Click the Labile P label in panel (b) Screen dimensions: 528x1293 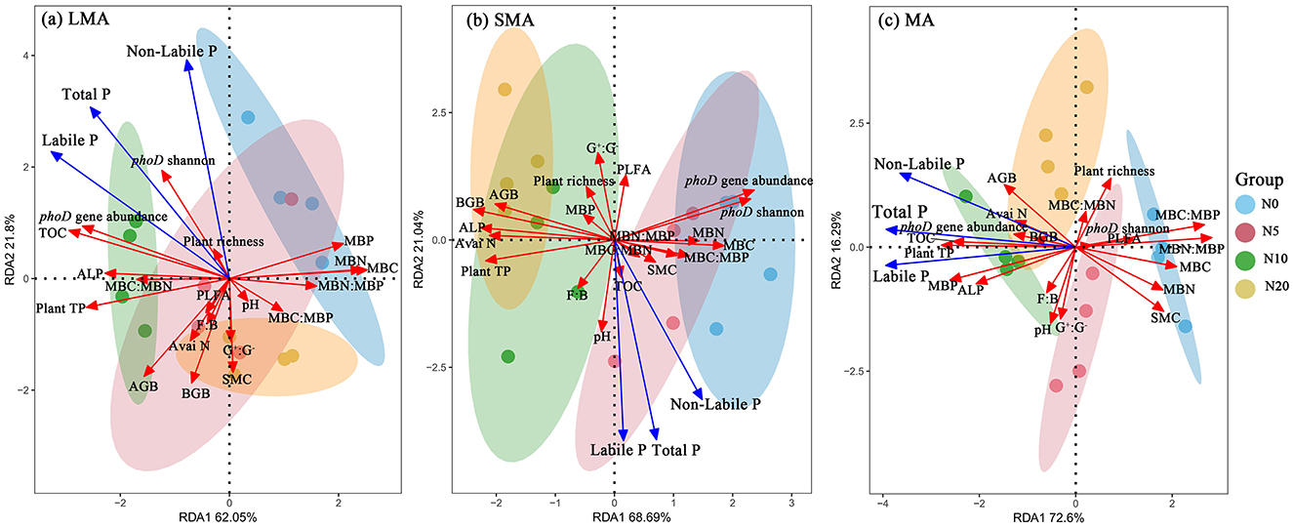pyautogui.click(x=619, y=450)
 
